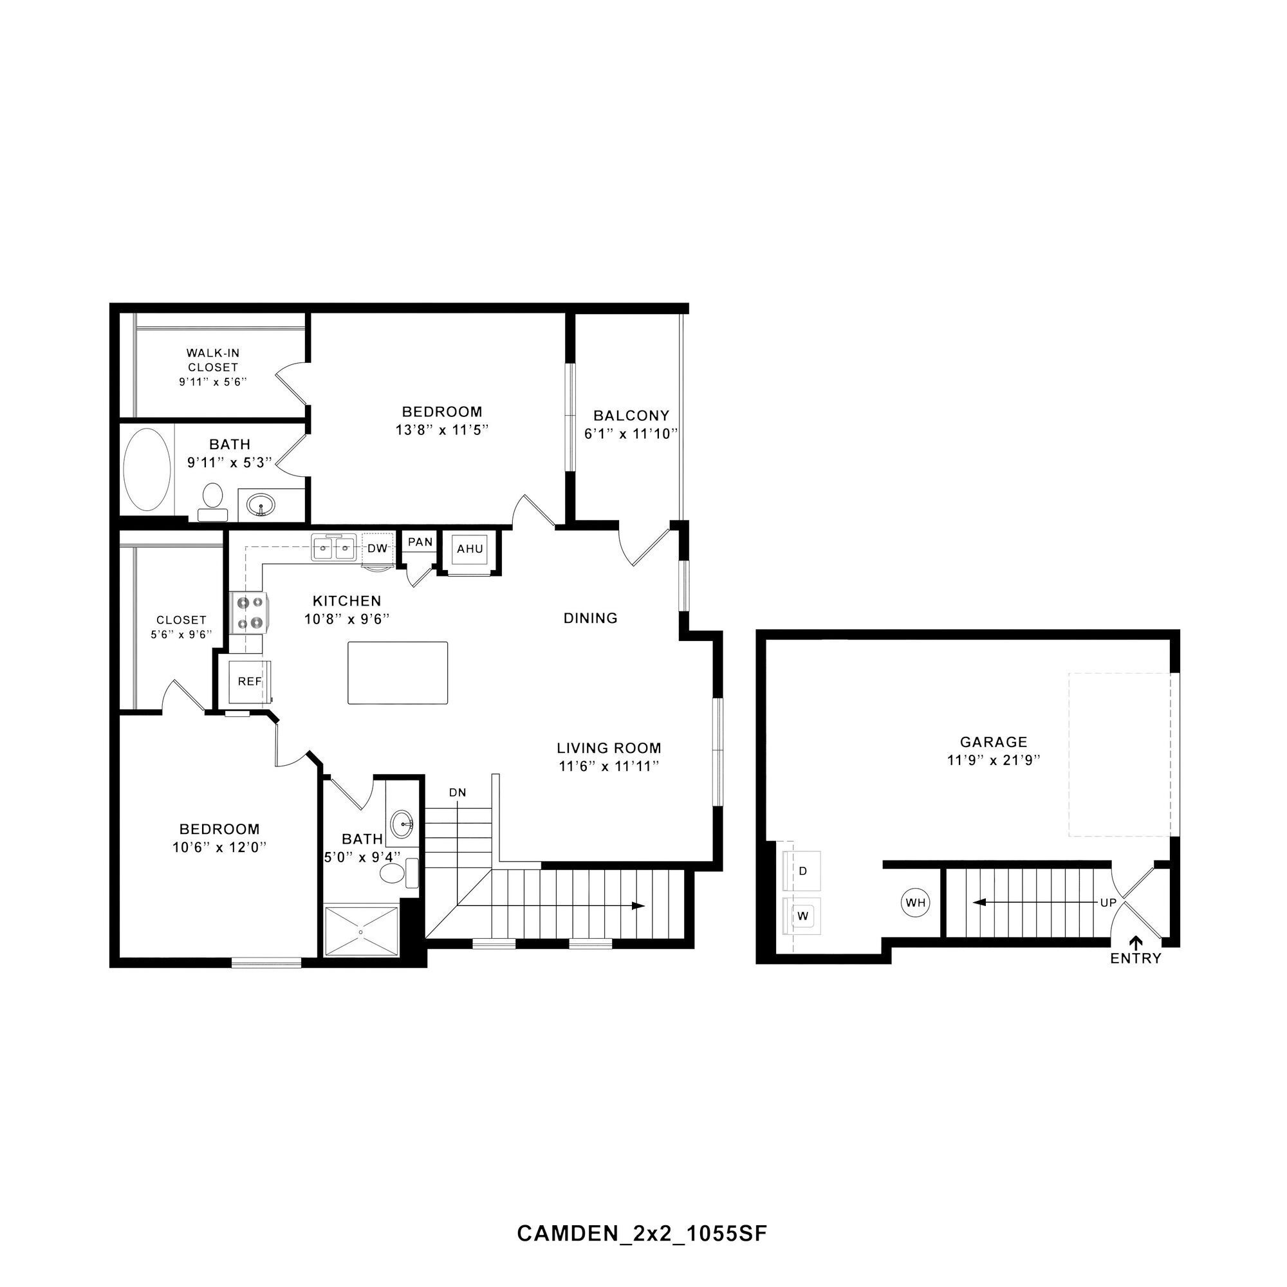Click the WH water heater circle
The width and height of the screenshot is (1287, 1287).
click(x=915, y=903)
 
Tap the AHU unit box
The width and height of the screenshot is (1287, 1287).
click(x=470, y=550)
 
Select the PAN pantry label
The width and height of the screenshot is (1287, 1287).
click(x=420, y=542)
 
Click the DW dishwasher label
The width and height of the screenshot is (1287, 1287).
click(x=377, y=549)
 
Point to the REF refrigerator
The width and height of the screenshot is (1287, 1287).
click(x=250, y=681)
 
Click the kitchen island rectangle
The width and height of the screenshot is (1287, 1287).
click(x=398, y=673)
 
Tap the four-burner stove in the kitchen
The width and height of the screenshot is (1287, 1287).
click(x=248, y=613)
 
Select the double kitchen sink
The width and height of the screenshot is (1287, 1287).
click(x=333, y=549)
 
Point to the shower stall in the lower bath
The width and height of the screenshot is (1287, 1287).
click(x=362, y=931)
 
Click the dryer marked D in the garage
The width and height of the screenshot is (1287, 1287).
click(x=802, y=871)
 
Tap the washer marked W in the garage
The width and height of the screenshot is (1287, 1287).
click(x=802, y=916)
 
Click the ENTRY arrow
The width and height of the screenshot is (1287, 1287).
click(x=1135, y=941)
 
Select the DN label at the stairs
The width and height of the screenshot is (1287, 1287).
click(x=457, y=793)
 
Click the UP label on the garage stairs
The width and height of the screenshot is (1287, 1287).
click(x=1108, y=903)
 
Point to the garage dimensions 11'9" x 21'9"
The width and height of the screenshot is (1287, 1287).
click(x=993, y=760)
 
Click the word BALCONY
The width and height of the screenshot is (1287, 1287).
click(x=631, y=416)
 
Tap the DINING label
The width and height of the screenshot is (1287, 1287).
click(x=590, y=618)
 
